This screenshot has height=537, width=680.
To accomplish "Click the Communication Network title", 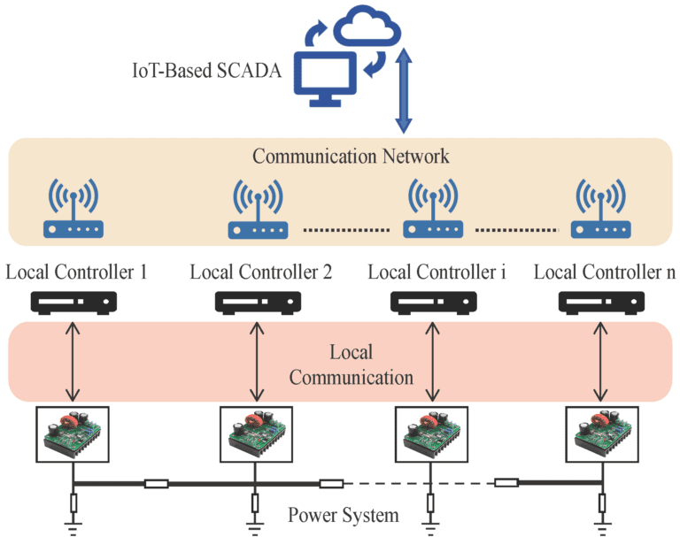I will pyautogui.click(x=351, y=157).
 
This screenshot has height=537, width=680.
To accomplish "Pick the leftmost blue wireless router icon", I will pyautogui.click(x=73, y=212).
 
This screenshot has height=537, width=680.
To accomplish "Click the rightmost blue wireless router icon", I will pyautogui.click(x=602, y=212).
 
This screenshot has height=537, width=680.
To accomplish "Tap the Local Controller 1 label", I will pyautogui.click(x=76, y=272).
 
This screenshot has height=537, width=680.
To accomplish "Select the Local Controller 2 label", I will pyautogui.click(x=261, y=272).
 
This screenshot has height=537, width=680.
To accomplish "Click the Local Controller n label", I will pyautogui.click(x=605, y=272).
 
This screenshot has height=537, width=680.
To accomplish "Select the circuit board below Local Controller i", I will pyautogui.click(x=430, y=433).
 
